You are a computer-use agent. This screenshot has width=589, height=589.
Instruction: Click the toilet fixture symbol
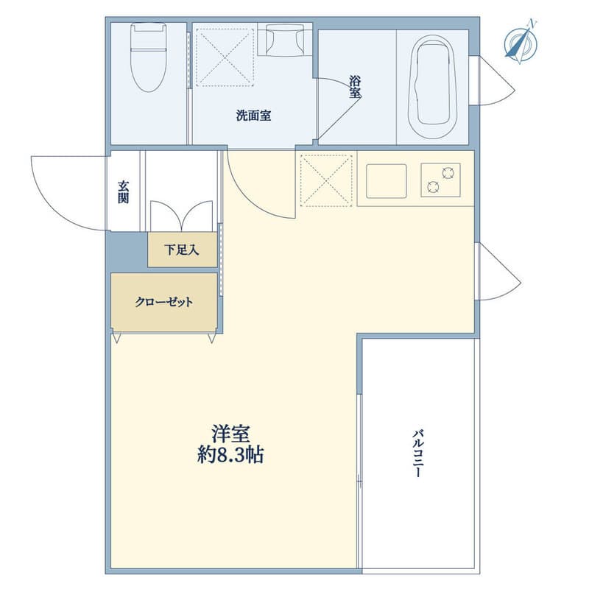[148, 57]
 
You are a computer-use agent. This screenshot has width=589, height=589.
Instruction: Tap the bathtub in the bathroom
[433, 87]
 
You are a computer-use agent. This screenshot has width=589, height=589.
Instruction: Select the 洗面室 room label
[253, 116]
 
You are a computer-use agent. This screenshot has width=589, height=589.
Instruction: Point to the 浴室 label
[355, 87]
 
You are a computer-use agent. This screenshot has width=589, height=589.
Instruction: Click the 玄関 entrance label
[123, 191]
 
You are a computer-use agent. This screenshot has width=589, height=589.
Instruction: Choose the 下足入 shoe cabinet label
[181, 250]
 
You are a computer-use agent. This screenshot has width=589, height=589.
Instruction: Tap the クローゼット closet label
[163, 302]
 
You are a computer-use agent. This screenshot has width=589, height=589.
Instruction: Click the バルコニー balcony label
[417, 454]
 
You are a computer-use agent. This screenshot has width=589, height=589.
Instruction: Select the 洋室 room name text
[230, 434]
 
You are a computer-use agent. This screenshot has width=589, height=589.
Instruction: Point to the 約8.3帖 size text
[230, 455]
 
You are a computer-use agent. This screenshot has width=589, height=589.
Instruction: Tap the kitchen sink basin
[386, 180]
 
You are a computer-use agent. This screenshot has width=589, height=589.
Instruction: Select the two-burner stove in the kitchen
[440, 180]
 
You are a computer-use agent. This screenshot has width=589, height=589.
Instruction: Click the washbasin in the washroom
[285, 40]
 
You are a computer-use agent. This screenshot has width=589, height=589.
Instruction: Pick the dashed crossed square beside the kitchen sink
[327, 180]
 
